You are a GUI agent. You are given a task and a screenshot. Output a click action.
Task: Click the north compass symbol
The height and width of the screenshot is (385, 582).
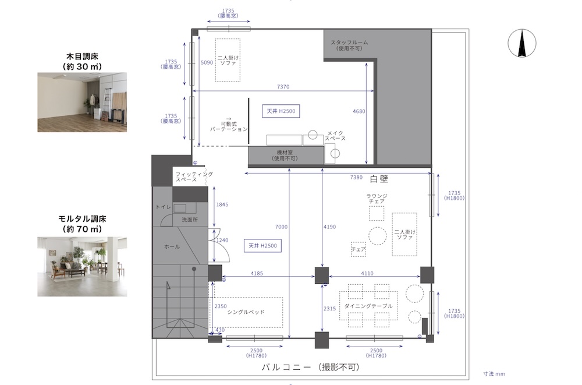click(522, 44)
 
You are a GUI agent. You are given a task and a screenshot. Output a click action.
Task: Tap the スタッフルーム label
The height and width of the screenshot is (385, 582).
click(349, 43)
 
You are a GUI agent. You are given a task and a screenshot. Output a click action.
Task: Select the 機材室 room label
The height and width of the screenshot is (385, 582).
click(285, 153)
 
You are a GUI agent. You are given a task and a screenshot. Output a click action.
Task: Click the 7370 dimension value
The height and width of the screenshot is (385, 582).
click(283, 87)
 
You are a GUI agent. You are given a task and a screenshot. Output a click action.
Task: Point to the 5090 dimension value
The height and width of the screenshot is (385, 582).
click(207, 62)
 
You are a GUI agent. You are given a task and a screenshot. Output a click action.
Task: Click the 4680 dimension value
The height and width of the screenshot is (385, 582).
click(359, 111)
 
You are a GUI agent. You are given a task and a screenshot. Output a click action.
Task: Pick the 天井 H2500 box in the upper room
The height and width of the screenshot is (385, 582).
click(281, 111)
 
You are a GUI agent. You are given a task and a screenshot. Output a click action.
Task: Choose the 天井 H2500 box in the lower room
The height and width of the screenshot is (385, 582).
click(262, 246)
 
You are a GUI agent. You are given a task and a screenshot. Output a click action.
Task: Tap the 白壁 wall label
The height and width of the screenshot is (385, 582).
click(379, 179)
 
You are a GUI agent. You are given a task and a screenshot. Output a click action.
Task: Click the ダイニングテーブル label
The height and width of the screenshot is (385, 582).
click(368, 306)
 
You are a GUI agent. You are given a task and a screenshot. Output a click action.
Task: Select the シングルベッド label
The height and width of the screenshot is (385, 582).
click(246, 312)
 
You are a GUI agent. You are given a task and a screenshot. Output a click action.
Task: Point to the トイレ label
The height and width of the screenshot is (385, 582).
click(163, 207)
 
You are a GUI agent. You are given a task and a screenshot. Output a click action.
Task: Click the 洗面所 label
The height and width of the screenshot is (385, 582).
click(190, 220)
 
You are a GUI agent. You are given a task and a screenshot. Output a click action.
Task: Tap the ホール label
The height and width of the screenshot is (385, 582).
click(172, 246)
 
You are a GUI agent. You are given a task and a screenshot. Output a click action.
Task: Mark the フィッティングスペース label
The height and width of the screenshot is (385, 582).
click(194, 176)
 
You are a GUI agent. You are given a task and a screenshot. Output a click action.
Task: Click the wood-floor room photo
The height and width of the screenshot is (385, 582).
click(82, 102)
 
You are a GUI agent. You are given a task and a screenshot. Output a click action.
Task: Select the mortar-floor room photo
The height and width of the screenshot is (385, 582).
click(82, 266)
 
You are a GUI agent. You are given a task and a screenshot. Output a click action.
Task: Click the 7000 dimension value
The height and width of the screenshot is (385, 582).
click(281, 227)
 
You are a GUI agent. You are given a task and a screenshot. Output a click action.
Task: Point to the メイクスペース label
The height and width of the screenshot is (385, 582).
click(335, 136)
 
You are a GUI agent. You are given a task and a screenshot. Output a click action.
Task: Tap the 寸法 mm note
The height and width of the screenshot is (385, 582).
click(494, 374)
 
